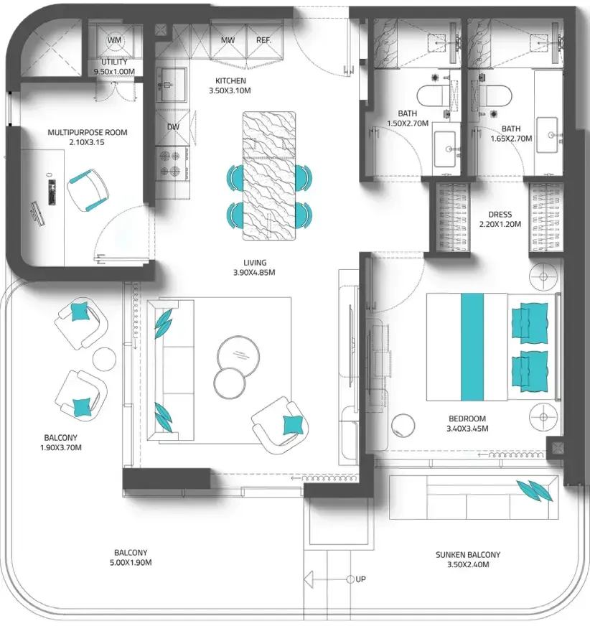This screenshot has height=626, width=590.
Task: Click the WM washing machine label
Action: (115, 40)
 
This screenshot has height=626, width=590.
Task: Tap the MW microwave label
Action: (228, 40)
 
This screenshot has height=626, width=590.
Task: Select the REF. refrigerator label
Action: (263, 40)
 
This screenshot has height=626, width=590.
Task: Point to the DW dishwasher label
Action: (173, 127)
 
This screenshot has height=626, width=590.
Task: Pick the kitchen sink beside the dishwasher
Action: (172, 85)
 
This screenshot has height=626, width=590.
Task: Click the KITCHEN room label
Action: (230, 80)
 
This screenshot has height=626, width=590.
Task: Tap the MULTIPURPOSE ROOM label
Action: (88, 132)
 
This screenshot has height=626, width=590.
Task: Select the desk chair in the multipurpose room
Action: (88, 190)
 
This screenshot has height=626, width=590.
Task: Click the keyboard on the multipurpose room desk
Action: (52, 192)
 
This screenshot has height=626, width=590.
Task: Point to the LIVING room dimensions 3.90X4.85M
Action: (254, 273)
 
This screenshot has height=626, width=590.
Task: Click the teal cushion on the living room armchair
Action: (293, 425)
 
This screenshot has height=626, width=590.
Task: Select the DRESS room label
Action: (500, 215)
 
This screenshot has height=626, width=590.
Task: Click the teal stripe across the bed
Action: (472, 347)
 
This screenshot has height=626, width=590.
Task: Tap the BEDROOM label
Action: (467, 419)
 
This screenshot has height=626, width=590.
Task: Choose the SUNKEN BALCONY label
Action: (468, 554)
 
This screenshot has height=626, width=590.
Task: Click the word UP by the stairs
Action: (360, 579)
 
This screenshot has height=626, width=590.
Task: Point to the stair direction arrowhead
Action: (308, 579)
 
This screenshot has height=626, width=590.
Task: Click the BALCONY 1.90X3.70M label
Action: (61, 442)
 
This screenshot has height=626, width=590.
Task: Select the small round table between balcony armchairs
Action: (105, 359)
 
